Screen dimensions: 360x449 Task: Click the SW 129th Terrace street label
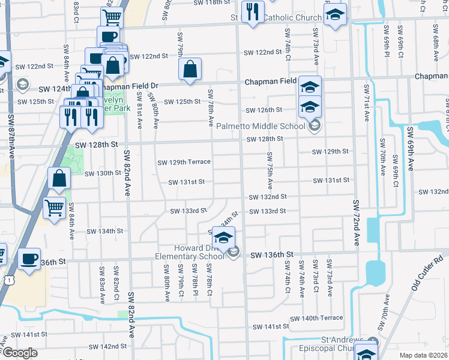[184, 162]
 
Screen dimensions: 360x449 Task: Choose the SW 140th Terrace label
[316, 318]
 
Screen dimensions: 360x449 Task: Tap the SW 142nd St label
[107, 347]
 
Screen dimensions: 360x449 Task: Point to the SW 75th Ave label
[270, 171]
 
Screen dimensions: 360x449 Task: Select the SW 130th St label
[103, 173]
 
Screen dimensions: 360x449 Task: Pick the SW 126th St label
[264, 110]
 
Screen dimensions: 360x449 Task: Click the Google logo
[20, 353]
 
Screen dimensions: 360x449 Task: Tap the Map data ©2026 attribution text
[423, 355]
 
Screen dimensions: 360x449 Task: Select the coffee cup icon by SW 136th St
[29, 259]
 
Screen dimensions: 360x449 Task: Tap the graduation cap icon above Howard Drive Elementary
[223, 238]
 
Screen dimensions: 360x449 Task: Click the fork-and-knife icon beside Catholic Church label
[252, 11]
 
